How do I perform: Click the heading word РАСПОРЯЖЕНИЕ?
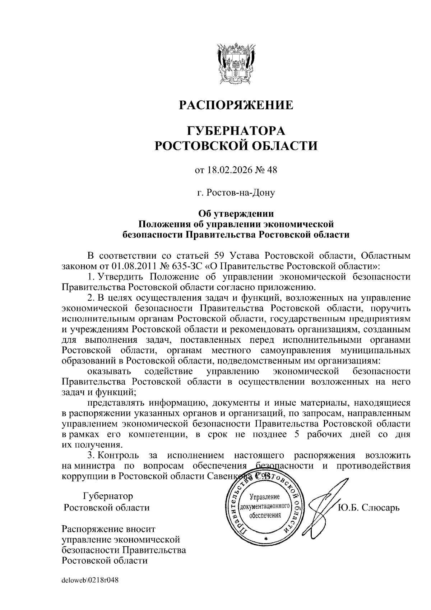(x=236, y=105)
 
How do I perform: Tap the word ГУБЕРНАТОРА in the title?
(x=236, y=130)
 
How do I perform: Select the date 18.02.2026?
(x=230, y=170)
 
